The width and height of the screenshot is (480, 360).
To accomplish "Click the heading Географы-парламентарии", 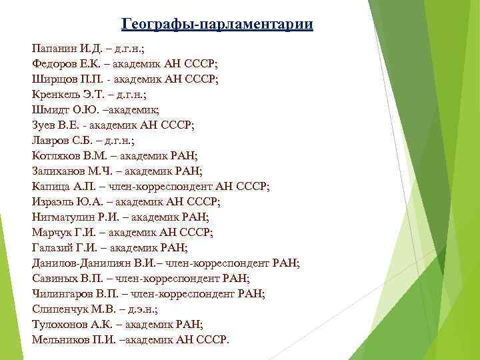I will (x=217, y=25).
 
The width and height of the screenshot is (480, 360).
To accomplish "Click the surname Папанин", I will (x=54, y=49).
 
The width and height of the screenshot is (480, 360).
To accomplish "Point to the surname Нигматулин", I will (x=64, y=217).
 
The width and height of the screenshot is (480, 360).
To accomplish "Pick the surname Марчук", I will (x=52, y=232).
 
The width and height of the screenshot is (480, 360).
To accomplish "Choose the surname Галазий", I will (x=53, y=247).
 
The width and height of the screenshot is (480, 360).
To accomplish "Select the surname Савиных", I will (x=55, y=278).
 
